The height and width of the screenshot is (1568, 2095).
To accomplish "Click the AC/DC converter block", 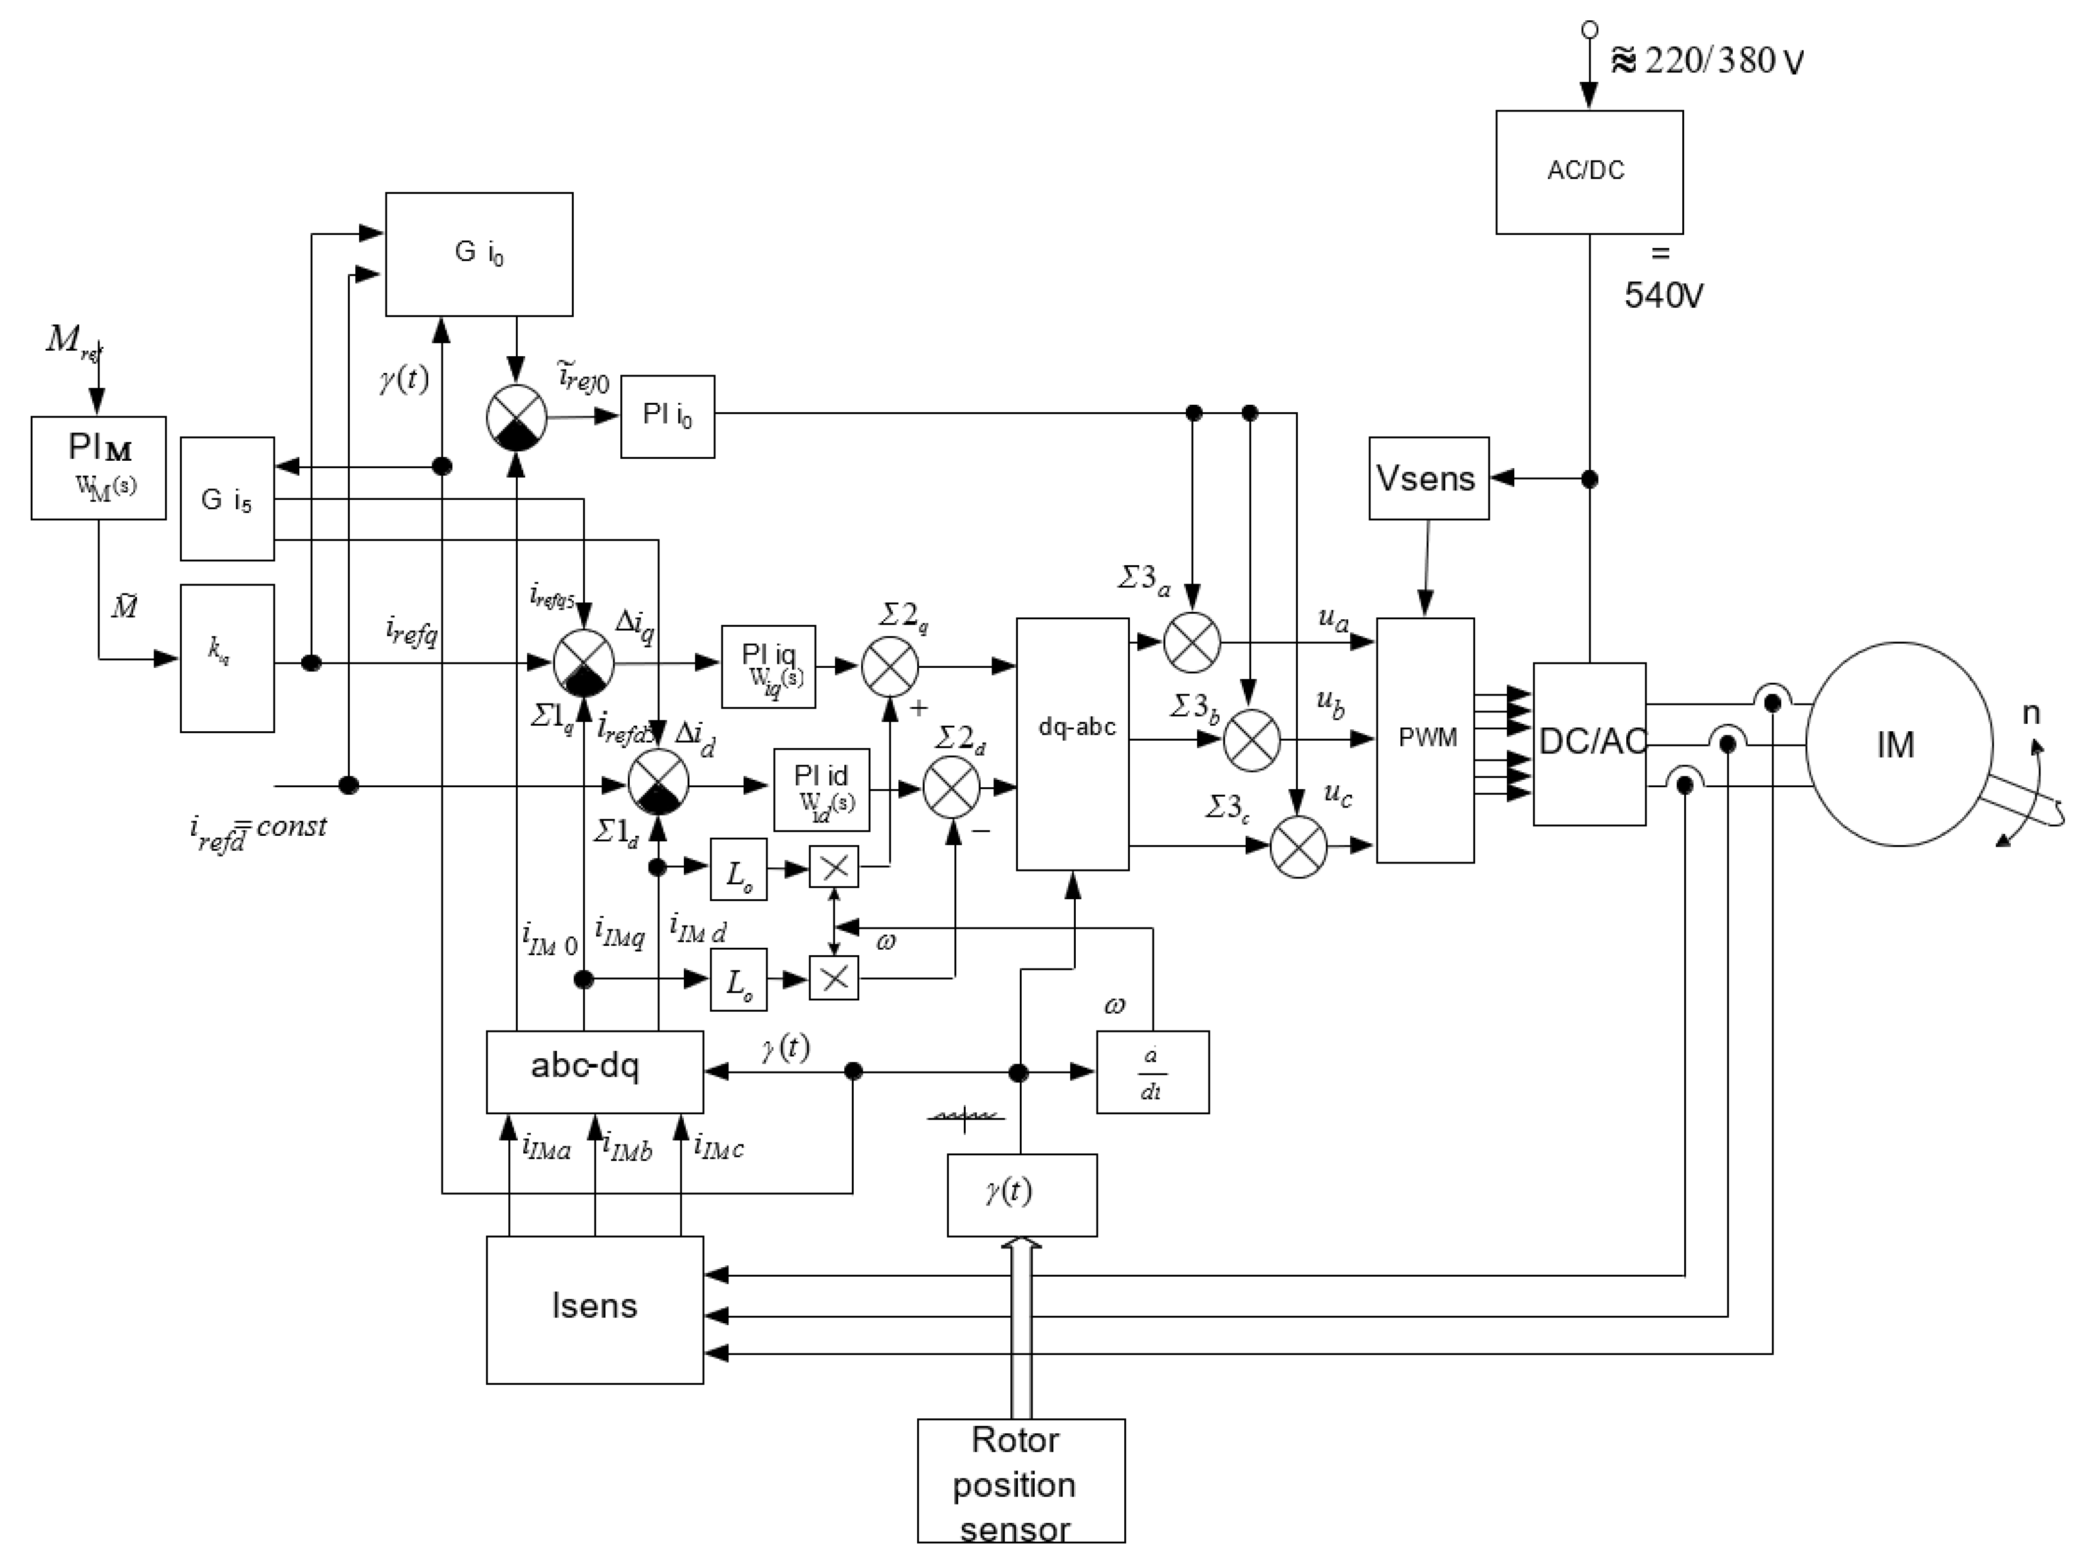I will pyautogui.click(x=1588, y=171).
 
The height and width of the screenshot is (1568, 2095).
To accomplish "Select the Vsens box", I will pyautogui.click(x=1427, y=478).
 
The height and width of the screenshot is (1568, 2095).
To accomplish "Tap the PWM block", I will pyautogui.click(x=1425, y=740).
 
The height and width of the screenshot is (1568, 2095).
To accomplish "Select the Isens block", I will pyautogui.click(x=594, y=1308).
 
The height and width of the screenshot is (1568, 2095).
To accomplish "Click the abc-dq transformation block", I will pyautogui.click(x=594, y=1071).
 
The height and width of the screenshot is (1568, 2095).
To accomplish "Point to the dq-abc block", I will pyautogui.click(x=1072, y=743).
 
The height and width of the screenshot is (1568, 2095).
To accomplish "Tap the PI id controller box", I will pyautogui.click(x=820, y=789).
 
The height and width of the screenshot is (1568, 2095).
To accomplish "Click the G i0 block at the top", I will pyautogui.click(x=478, y=254).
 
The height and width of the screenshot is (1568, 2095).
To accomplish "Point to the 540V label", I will pyautogui.click(x=1663, y=295).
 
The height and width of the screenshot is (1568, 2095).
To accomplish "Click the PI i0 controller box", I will pyautogui.click(x=667, y=416).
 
